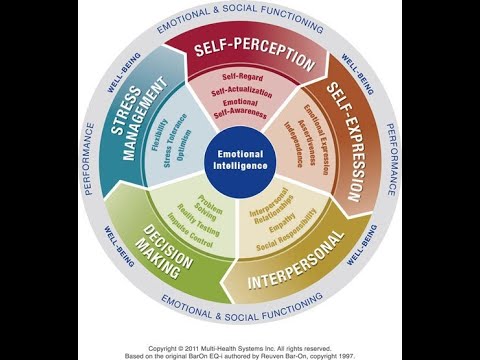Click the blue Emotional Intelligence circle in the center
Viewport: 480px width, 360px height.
(239, 159)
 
